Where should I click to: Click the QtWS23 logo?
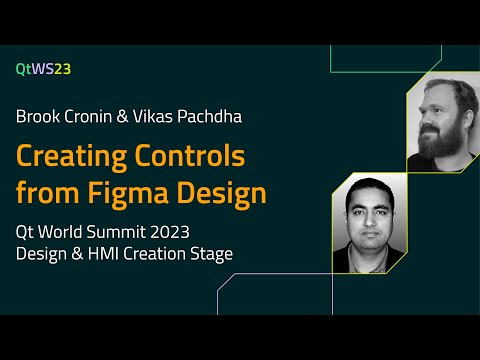pos(43,69)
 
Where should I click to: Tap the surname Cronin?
pos(96,116)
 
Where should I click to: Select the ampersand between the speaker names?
pos(135,116)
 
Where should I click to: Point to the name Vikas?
pos(167,116)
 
